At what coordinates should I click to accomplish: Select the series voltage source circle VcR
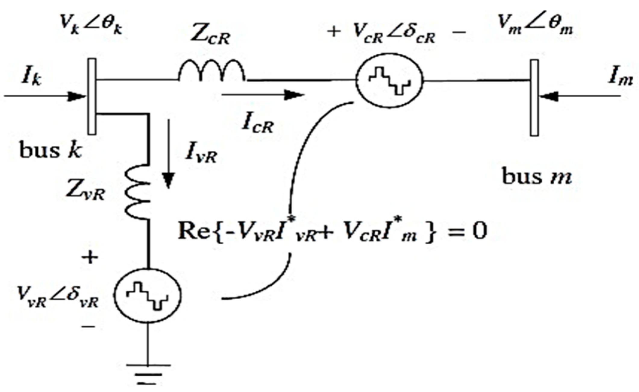[389, 80]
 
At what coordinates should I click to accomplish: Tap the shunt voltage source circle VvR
[147, 295]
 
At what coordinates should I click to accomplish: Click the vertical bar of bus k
[92, 96]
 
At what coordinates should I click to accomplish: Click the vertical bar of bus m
[534, 98]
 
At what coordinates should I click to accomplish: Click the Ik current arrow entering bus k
[45, 96]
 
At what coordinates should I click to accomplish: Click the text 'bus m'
[537, 176]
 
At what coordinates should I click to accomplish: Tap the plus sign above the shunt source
[90, 258]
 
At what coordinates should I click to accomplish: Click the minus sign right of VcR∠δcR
[459, 32]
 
